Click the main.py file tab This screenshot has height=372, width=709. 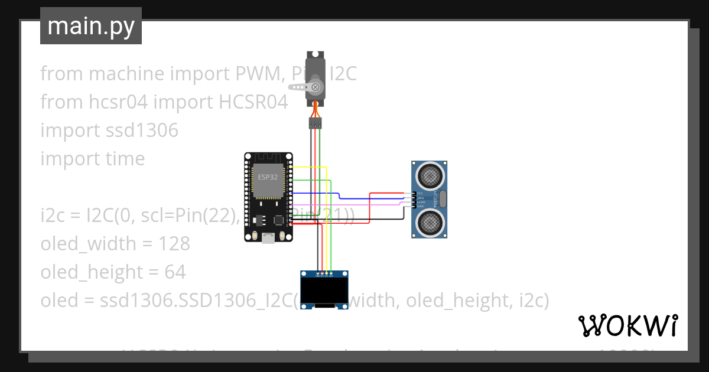[x=91, y=26]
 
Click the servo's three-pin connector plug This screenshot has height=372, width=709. [x=316, y=123]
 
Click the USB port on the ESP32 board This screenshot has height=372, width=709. [x=269, y=238]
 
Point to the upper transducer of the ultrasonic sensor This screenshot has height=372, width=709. [x=430, y=175]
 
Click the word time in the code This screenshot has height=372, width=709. [x=123, y=159]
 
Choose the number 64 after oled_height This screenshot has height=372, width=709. [x=175, y=272]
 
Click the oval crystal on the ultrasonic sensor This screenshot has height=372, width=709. [x=443, y=198]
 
